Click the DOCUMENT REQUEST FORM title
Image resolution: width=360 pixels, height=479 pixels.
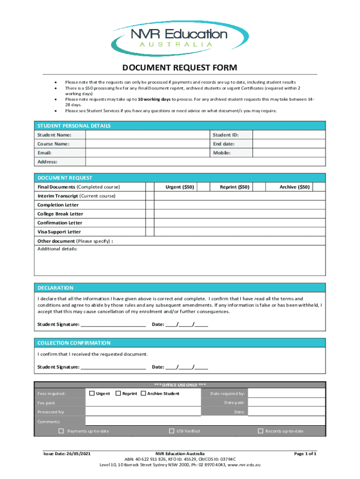point(180,67)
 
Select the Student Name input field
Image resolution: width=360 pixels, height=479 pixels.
point(148,135)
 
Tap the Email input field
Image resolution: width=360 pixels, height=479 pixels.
point(148,153)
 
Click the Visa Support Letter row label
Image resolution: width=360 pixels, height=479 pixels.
point(59,232)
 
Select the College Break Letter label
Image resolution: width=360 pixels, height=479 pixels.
point(60,214)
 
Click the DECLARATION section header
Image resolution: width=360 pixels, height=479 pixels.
point(55,288)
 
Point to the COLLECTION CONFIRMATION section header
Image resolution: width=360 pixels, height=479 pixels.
point(74,343)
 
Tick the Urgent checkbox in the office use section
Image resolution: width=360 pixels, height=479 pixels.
point(92,393)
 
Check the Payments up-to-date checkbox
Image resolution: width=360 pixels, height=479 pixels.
point(61,431)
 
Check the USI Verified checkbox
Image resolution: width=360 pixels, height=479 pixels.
point(172,431)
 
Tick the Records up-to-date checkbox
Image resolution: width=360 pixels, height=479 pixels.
point(260,431)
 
